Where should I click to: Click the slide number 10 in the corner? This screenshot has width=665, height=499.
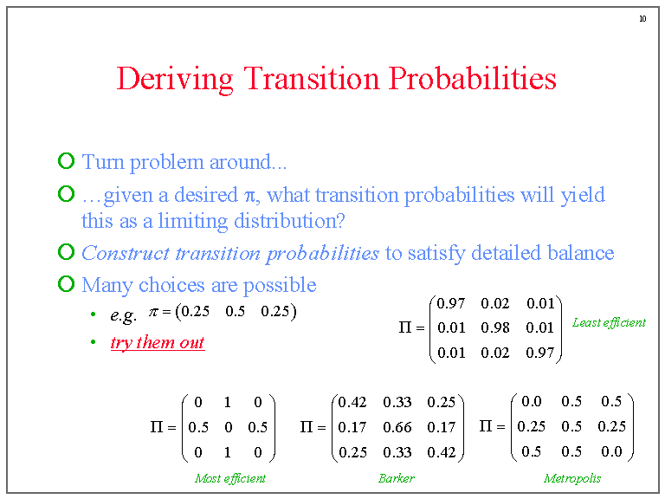click(x=642, y=19)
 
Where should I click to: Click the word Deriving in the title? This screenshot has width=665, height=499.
click(x=175, y=79)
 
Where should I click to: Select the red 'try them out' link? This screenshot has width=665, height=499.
click(x=157, y=342)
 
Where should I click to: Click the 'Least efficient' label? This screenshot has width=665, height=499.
click(x=609, y=322)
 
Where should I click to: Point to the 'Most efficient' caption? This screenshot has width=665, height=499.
click(x=229, y=478)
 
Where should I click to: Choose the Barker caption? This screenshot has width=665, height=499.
click(x=397, y=478)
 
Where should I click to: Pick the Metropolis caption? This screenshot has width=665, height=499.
click(x=571, y=478)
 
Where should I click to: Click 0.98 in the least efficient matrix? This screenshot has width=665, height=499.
click(x=495, y=327)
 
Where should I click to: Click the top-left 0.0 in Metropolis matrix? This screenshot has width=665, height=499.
click(x=531, y=401)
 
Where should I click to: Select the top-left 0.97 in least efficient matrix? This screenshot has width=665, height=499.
click(x=451, y=303)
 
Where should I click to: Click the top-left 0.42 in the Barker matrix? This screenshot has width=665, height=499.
click(x=352, y=402)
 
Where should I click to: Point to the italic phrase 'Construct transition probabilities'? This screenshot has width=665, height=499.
click(x=230, y=253)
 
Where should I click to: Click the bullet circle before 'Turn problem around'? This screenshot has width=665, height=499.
click(x=66, y=161)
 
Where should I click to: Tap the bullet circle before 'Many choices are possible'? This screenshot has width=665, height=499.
click(x=66, y=284)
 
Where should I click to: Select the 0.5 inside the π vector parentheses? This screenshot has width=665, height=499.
click(x=235, y=312)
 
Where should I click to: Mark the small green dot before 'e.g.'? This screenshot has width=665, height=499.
click(x=94, y=314)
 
